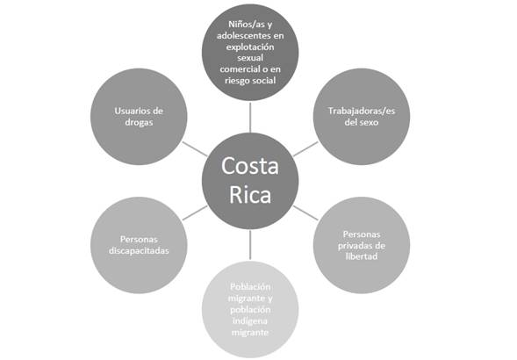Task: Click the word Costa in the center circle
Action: tap(250, 166)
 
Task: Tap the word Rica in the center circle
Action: tap(250, 195)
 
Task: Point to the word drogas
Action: tap(139, 122)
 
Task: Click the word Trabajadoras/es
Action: tap(362, 111)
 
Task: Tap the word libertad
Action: tap(362, 256)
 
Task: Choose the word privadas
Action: tap(355, 246)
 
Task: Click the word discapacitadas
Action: tap(139, 251)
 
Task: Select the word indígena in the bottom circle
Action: tap(250, 320)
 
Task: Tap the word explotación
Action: tap(250, 47)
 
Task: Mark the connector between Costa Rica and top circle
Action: tap(250, 118)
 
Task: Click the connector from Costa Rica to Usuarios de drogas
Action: tap(195, 149)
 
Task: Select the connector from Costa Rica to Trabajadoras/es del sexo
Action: tap(305, 149)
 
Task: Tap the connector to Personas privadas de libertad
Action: tap(305, 212)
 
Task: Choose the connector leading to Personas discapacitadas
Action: tap(195, 212)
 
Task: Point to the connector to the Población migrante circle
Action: tap(250, 245)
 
